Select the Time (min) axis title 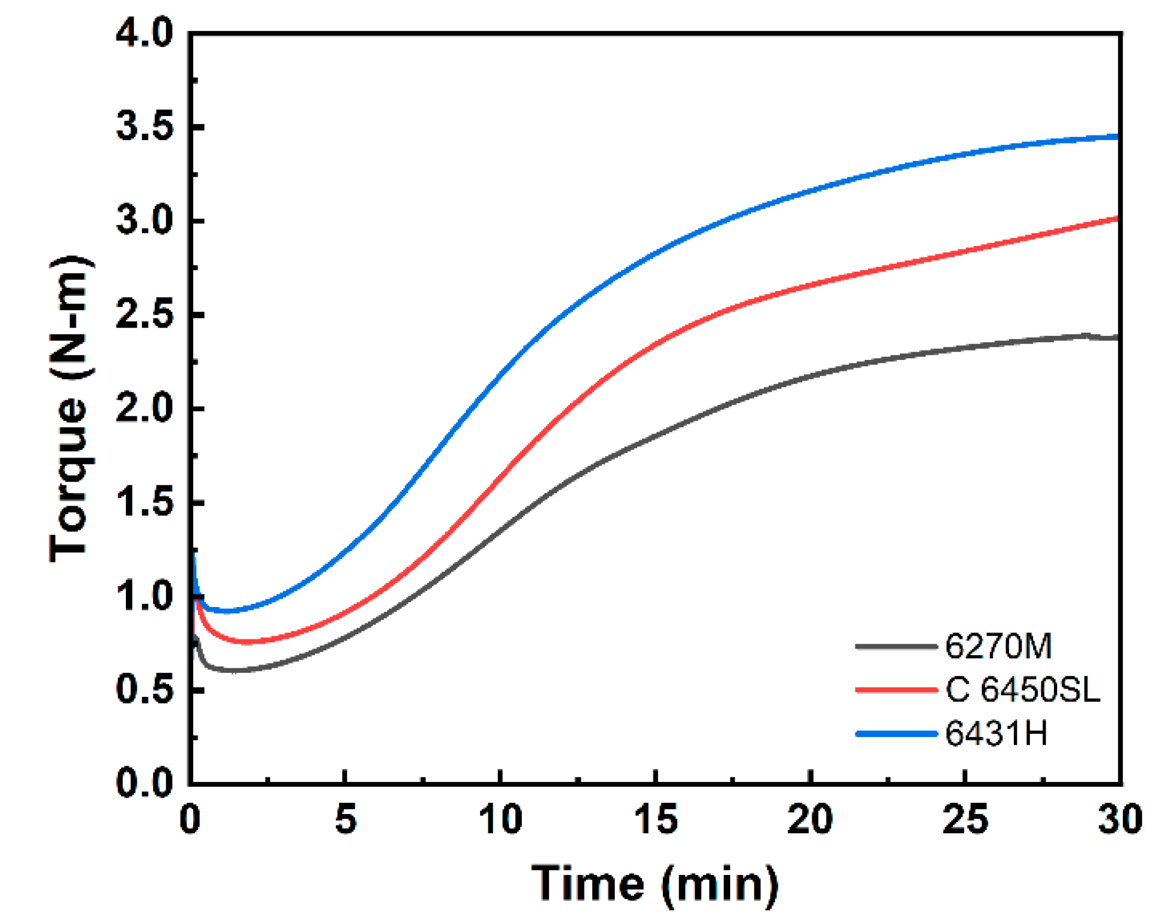click(x=655, y=884)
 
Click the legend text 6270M click(x=998, y=646)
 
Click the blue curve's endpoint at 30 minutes click(x=1117, y=137)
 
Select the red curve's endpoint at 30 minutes click(x=1117, y=219)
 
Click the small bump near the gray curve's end click(x=1086, y=336)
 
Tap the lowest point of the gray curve click(x=234, y=671)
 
